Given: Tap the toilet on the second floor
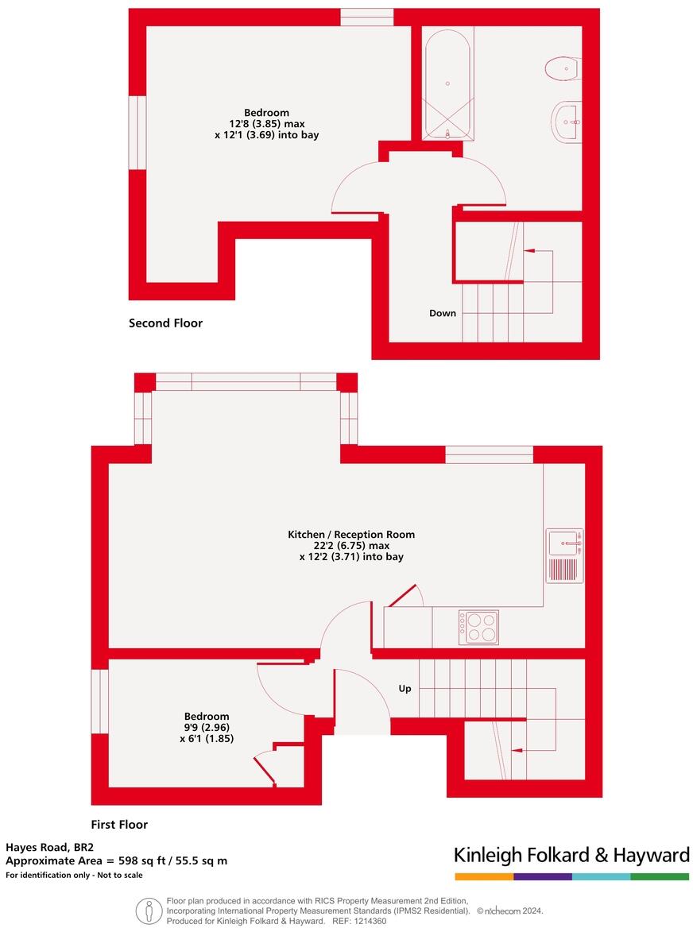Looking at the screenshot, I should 563,69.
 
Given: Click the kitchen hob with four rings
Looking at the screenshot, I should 478,627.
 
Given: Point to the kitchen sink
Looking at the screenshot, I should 565,543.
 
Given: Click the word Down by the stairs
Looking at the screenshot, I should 443,313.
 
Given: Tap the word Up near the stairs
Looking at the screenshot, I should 405,689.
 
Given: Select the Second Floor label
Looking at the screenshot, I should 165,323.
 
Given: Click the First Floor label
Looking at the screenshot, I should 119,825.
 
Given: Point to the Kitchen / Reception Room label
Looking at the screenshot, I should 351,535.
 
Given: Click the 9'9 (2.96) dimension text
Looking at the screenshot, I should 207,727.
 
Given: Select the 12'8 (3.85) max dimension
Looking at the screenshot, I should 266,124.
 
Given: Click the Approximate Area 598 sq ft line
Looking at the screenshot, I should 116,860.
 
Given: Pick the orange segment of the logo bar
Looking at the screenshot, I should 484,876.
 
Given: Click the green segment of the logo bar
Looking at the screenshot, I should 660,876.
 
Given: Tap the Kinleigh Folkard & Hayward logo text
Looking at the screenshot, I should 571,855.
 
